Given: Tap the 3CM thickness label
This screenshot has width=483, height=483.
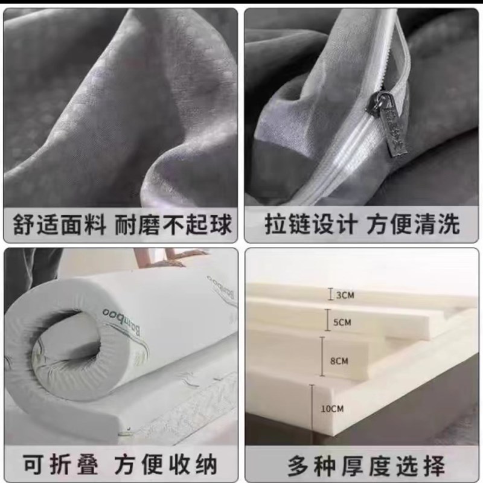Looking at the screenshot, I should tap(345, 295).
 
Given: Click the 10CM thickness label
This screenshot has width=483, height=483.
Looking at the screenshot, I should tap(332, 409).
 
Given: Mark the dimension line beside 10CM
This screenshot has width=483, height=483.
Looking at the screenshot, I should tap(312, 409).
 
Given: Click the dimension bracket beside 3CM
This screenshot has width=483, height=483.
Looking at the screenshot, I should tap(330, 295).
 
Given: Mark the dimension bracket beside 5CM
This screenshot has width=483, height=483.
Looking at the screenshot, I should tap(327, 322).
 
